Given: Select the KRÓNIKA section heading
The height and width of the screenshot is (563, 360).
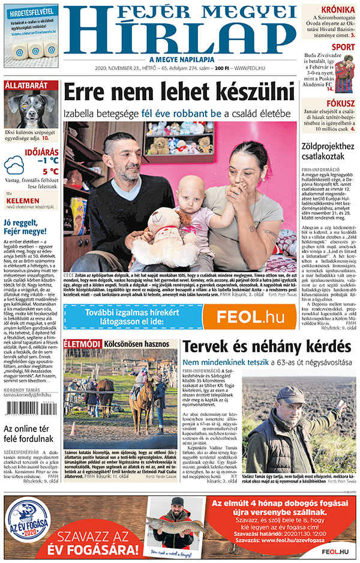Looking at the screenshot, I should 337,10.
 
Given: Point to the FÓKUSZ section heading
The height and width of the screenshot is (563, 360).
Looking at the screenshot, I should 340,103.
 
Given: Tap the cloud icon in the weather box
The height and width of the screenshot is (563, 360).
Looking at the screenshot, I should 14,165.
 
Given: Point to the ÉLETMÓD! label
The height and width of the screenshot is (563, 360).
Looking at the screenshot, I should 82,345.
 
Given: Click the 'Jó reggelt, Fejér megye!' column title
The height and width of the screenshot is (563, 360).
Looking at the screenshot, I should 25,226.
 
